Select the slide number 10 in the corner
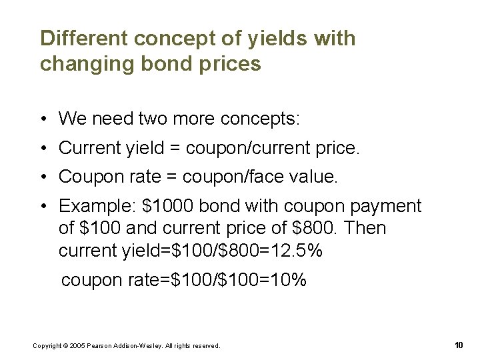[458, 345]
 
